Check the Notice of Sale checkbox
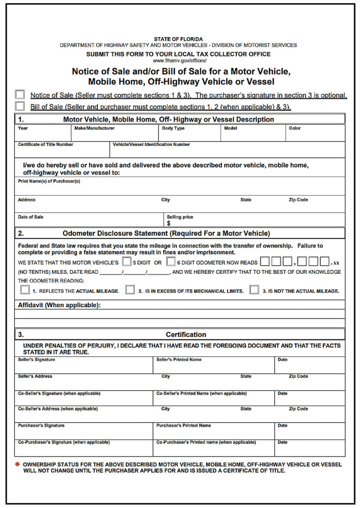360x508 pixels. tap(20, 94)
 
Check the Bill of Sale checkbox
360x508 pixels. tap(20, 106)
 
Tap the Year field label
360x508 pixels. tap(23, 128)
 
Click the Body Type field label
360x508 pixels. tap(173, 128)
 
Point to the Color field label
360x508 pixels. tap(295, 128)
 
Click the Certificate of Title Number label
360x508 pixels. tap(45, 145)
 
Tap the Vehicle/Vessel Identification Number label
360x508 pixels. tap(151, 145)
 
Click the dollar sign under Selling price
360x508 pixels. tap(169, 223)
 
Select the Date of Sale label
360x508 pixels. tap(30, 217)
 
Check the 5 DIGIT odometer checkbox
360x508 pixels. tap(126, 261)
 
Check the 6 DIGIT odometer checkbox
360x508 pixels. tap(171, 261)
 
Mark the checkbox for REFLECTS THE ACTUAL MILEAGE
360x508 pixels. tap(23, 290)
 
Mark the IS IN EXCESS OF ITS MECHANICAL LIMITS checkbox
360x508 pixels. tap(130, 290)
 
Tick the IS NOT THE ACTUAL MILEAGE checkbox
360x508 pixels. tap(254, 290)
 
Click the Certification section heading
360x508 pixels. tap(186, 334)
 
